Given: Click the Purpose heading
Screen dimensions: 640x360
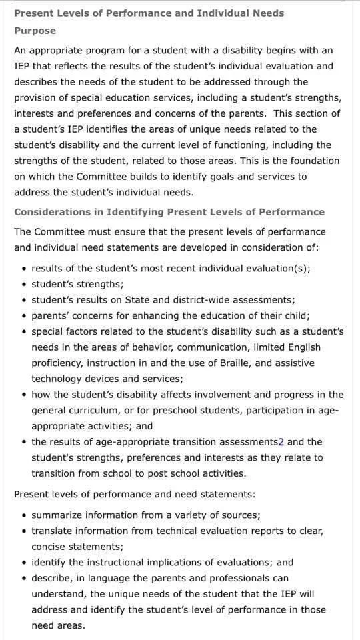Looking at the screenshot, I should (x=35, y=31).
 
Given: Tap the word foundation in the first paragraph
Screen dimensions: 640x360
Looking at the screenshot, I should (x=312, y=161).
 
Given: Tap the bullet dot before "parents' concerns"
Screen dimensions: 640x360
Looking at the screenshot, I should (x=24, y=316).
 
